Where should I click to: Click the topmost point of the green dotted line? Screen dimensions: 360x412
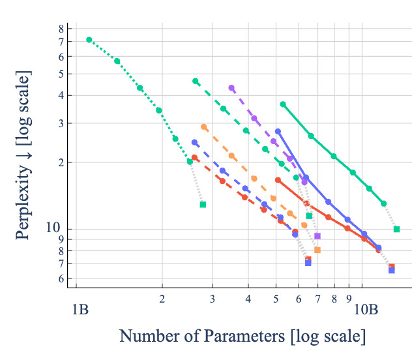(89, 40)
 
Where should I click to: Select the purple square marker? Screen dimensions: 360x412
(317, 236)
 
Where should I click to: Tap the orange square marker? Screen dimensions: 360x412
(317, 250)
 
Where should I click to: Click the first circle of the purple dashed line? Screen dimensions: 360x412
(231, 88)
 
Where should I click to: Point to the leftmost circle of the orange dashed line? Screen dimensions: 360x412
(204, 127)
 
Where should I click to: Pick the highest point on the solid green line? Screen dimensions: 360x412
(283, 104)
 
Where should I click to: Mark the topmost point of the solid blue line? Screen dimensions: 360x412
(278, 131)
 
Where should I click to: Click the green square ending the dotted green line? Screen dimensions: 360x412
(203, 205)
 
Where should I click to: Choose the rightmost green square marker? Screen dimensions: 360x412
(396, 229)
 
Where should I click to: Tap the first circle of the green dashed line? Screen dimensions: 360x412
(196, 81)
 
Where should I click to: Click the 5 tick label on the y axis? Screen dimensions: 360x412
(61, 74)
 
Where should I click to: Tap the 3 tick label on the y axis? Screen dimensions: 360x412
(61, 123)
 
